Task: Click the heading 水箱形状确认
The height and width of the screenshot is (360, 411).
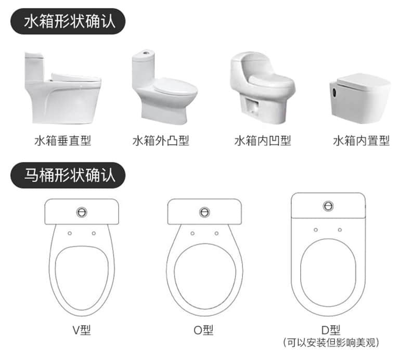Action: [x=70, y=21]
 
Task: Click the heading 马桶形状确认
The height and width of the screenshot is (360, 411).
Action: [x=70, y=175]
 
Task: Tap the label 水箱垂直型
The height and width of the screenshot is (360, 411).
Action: [x=62, y=140]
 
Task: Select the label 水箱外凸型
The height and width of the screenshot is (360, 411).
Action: [x=161, y=140]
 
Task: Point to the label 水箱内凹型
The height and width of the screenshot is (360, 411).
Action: [x=263, y=140]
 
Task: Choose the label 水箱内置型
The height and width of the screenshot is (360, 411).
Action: [x=361, y=140]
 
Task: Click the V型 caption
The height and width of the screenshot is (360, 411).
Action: [x=82, y=330]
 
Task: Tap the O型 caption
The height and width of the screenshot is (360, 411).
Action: [x=203, y=330]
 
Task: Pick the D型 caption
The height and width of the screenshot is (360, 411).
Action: [x=331, y=330]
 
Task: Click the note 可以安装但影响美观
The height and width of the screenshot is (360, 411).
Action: [x=331, y=342]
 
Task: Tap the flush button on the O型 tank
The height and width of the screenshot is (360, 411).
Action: [x=204, y=212]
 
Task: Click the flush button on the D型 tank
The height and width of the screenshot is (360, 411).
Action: [x=328, y=206]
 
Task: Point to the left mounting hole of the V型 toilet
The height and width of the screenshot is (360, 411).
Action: [x=70, y=233]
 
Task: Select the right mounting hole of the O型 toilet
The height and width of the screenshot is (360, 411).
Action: [x=216, y=233]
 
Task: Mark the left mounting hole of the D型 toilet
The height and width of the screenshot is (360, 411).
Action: [x=316, y=230]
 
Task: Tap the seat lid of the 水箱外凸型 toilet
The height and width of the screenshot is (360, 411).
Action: [x=175, y=86]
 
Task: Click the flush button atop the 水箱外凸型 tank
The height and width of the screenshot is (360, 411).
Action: [x=145, y=52]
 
